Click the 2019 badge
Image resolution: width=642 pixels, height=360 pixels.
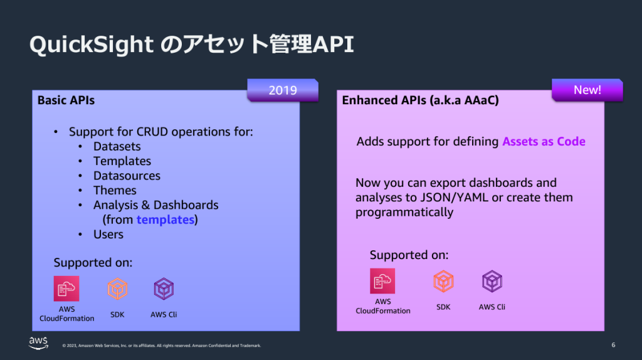[x=283, y=90]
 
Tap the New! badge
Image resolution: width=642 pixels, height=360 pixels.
[x=587, y=90]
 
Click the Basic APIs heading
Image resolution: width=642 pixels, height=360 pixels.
[x=66, y=100]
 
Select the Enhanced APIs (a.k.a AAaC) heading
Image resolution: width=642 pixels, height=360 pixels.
[x=420, y=100]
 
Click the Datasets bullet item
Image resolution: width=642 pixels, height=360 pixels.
[x=117, y=146]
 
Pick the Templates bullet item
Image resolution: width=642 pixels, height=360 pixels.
[x=122, y=161]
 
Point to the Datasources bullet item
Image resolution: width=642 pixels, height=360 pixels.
[x=127, y=176]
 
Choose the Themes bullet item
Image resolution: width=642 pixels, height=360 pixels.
[x=115, y=190]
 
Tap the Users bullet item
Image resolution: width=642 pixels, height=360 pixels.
[x=108, y=234]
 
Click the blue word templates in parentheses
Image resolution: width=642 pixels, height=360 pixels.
[x=165, y=220]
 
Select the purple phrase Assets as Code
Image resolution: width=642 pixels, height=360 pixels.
[x=544, y=141]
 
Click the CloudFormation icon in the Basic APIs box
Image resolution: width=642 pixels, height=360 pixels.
[x=66, y=289]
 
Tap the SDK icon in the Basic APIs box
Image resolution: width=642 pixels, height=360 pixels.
[x=117, y=289]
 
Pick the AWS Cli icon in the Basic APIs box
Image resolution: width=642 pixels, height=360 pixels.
[x=164, y=289]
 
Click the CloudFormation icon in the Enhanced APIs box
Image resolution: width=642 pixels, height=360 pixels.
[x=382, y=281]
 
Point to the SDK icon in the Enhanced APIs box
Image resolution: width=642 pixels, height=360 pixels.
[x=443, y=281]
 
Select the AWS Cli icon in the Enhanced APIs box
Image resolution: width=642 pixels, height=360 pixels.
[x=492, y=281]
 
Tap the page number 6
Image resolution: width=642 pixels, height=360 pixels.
[x=613, y=345]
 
